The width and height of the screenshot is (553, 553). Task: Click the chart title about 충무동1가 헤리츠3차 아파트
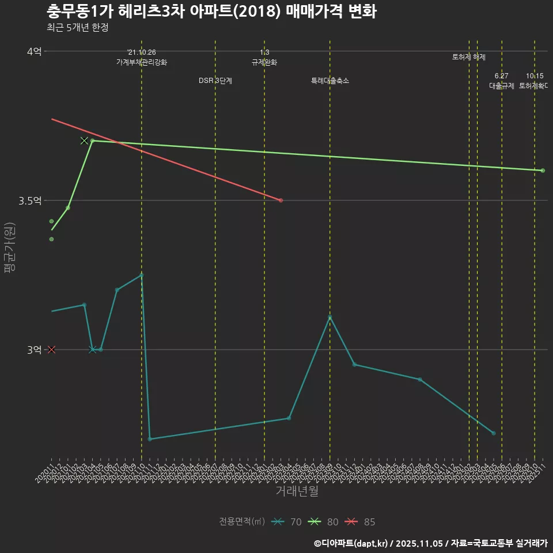211,12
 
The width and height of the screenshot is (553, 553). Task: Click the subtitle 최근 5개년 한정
77,28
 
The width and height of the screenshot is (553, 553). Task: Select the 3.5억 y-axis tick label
30,200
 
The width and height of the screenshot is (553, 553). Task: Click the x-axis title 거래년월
297,491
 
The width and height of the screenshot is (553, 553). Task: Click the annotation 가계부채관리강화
142,62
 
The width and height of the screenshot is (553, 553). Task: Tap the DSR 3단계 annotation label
215,81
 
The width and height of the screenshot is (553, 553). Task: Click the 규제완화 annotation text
264,62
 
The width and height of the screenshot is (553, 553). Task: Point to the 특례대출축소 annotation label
330,81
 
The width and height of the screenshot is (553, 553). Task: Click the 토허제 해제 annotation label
469,57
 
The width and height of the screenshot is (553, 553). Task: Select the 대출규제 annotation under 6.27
502,86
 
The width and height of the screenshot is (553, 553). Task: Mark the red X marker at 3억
51,350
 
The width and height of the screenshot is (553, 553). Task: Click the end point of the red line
281,200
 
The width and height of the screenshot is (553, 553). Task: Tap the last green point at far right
543,171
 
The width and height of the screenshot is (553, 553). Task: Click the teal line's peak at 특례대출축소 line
330,317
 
